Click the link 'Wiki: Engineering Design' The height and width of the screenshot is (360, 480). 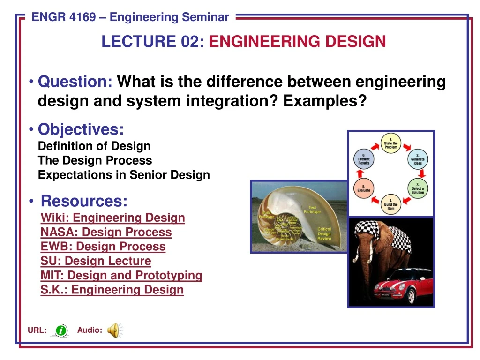coord(112,218)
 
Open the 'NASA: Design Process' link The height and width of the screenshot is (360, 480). coord(106,232)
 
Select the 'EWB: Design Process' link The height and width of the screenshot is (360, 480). coord(103,247)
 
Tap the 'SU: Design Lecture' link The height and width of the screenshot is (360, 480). coord(96,261)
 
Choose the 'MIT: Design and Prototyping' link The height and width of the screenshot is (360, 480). coord(121,276)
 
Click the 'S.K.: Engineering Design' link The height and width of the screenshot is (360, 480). coord(112,290)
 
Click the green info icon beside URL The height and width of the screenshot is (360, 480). coord(60,330)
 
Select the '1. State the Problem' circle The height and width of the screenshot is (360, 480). coord(390,143)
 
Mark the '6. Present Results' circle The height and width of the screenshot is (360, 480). coord(364,160)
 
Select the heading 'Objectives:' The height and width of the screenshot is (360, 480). coord(81,129)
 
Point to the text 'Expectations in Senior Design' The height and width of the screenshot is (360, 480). coord(124,175)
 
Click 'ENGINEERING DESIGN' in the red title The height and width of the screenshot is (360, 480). coord(297,42)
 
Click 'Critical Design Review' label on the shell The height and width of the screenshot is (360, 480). coord(324,234)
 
